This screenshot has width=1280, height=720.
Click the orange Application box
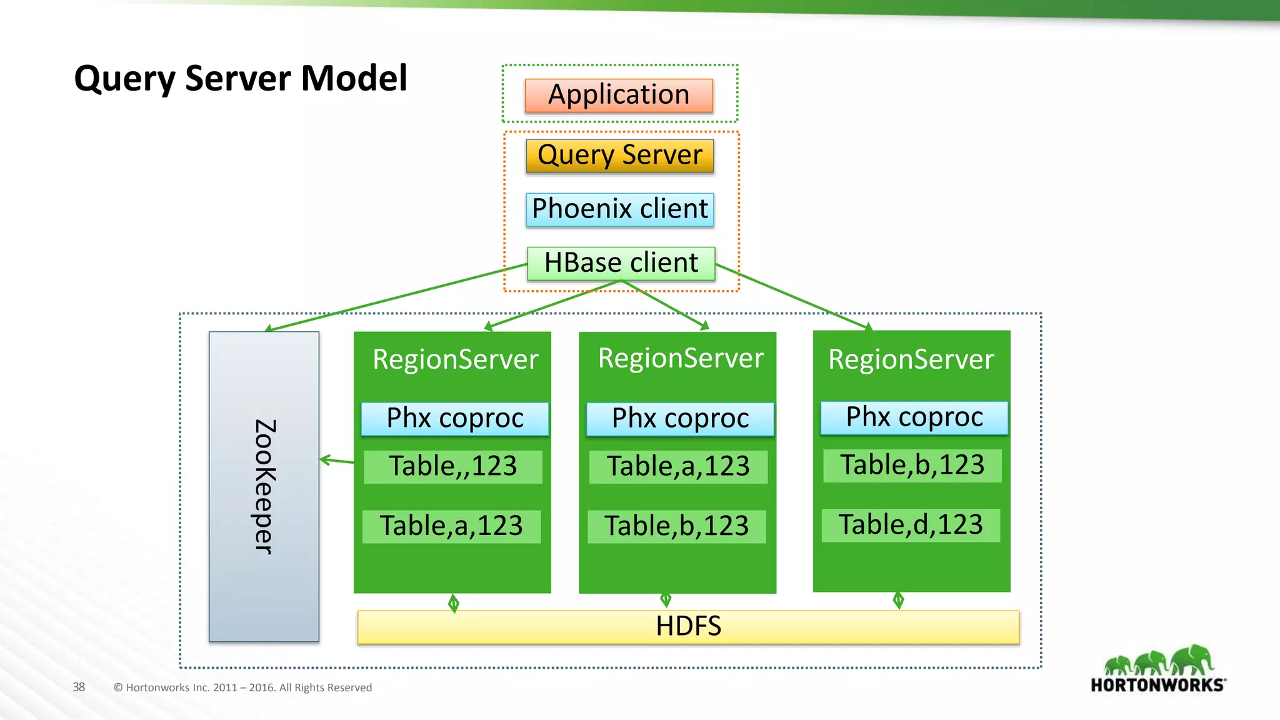(619, 95)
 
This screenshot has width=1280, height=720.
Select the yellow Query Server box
(619, 156)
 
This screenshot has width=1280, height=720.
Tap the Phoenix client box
(619, 209)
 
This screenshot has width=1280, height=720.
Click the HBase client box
(621, 263)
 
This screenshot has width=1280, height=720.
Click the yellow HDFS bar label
(688, 626)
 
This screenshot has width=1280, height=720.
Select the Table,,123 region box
(453, 466)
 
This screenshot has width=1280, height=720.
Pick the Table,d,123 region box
(911, 525)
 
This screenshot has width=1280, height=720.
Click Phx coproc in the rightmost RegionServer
(914, 417)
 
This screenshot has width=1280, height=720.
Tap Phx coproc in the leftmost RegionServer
(455, 419)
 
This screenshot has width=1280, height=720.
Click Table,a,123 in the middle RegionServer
(678, 466)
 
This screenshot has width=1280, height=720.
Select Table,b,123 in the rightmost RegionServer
(912, 465)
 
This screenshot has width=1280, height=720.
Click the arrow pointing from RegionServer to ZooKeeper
(336, 461)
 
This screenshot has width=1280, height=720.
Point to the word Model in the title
(354, 79)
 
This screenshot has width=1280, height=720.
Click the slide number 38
(79, 687)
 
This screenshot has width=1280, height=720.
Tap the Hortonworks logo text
(1157, 685)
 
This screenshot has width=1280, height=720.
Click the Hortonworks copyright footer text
(242, 687)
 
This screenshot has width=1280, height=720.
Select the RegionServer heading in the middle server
(681, 358)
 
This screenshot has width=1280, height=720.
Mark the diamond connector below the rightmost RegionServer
(898, 601)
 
